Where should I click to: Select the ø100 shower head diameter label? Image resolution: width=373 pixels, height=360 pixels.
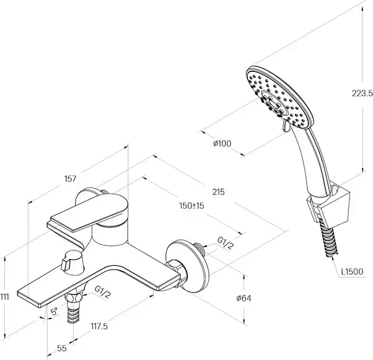(x=221, y=143)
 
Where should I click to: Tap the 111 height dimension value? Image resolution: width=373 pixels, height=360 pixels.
(x=6, y=297)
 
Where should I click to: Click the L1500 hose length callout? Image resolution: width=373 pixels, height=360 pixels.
(x=352, y=271)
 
